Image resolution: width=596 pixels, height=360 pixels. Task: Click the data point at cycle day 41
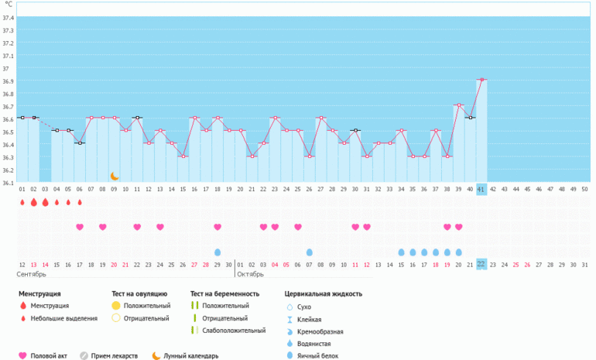pos(481,80)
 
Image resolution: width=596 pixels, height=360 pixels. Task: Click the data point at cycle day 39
pos(459,105)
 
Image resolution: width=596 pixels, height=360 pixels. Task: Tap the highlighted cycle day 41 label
pos(481,190)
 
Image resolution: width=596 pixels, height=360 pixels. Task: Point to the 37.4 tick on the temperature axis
pos(9,18)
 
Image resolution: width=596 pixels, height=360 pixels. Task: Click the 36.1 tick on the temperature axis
pos(9,183)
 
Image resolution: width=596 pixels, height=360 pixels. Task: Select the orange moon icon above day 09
pos(115,176)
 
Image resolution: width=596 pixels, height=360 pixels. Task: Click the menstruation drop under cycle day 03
pos(45,202)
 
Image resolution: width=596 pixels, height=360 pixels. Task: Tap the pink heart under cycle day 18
pos(218,227)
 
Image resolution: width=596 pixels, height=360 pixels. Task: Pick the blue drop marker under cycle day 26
pos(310,252)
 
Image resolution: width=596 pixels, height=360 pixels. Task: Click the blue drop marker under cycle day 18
pos(218,252)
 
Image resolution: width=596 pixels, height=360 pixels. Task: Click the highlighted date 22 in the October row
pos(481,264)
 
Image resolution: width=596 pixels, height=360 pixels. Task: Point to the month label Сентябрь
pos(31,274)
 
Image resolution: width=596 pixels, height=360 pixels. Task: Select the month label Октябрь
pos(250,274)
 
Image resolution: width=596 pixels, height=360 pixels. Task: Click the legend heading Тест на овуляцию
pos(139,294)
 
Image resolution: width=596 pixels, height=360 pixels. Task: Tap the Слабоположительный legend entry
pos(228,331)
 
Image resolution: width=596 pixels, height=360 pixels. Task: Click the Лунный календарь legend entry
pos(186,356)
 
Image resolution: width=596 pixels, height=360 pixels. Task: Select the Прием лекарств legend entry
pos(109,356)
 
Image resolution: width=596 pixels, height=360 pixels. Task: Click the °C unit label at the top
pos(9,5)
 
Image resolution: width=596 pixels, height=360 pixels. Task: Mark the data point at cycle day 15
pos(183,156)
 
